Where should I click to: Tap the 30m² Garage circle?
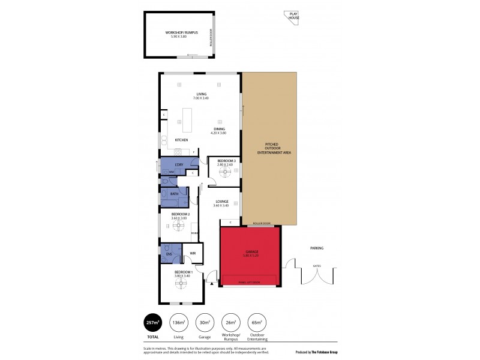(x=205, y=322)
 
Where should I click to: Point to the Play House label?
(x=293, y=17)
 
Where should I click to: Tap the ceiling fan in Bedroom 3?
(x=226, y=172)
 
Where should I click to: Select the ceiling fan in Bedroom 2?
(x=177, y=226)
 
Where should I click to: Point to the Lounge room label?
(x=221, y=203)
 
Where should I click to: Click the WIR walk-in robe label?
(x=193, y=254)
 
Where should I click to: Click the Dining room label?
(x=219, y=130)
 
